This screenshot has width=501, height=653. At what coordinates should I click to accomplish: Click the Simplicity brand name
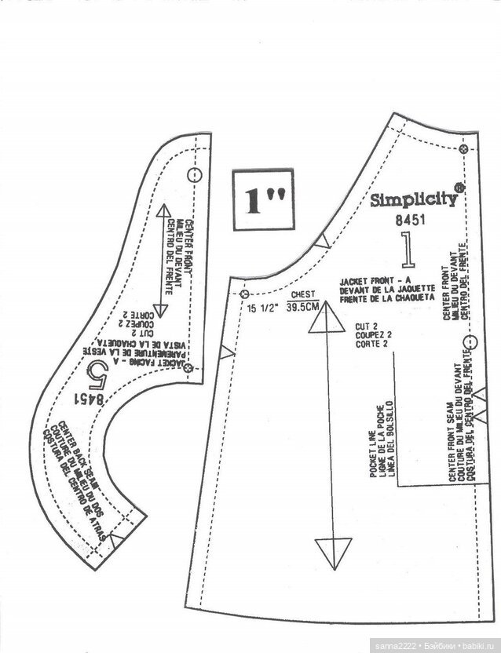click(x=413, y=199)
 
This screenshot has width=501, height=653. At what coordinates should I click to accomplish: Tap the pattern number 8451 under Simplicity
click(x=410, y=221)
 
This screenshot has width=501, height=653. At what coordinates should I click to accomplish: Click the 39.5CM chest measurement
click(x=303, y=308)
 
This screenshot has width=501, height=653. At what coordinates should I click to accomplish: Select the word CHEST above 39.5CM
click(x=302, y=295)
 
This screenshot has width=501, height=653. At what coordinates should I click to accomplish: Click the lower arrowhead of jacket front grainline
click(x=333, y=549)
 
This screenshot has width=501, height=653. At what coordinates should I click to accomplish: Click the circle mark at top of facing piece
click(x=195, y=174)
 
